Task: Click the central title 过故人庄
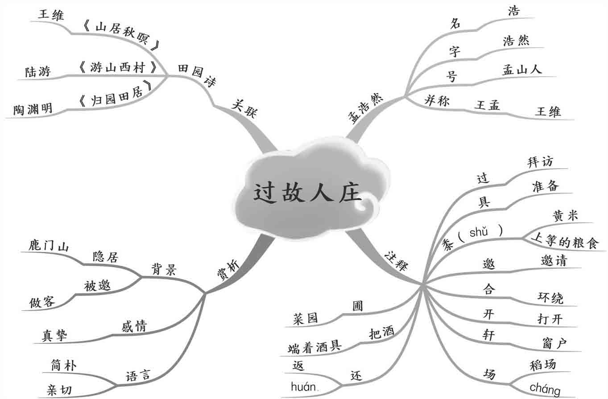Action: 308,193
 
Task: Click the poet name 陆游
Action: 38,71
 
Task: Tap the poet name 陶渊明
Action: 33,108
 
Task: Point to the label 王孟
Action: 487,105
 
